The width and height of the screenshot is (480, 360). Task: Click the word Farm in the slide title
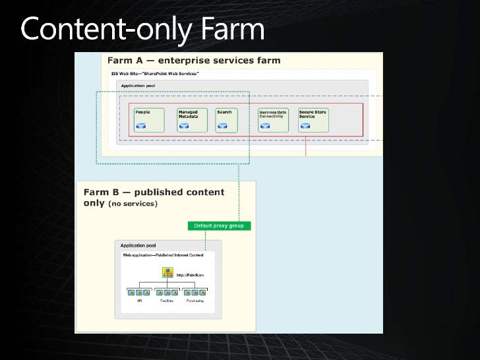tap(224, 30)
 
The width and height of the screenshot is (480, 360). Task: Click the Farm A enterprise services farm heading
tap(193, 60)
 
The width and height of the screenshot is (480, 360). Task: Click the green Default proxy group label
tap(219, 225)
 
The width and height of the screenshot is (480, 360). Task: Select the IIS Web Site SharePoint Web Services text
tap(155, 72)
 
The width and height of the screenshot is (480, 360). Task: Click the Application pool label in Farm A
tap(138, 86)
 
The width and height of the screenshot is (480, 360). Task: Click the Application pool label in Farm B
tap(138, 245)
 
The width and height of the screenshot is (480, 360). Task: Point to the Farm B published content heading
tap(154, 197)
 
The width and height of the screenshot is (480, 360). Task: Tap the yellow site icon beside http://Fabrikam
tap(167, 272)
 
